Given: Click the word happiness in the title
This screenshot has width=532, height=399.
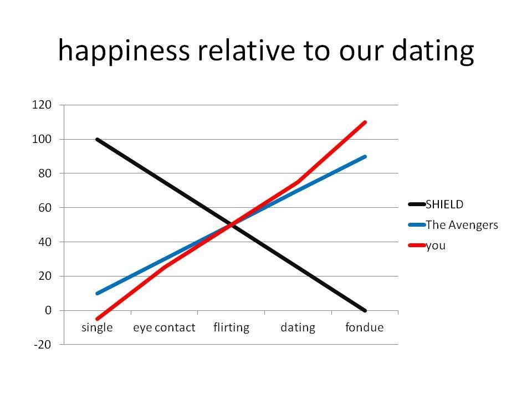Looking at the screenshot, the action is (x=124, y=50).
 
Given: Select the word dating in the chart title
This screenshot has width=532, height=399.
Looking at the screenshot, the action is (x=433, y=50).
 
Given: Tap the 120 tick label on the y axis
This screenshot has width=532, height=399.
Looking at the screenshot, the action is (x=42, y=105).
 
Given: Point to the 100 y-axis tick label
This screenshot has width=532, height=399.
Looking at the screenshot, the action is (x=42, y=139).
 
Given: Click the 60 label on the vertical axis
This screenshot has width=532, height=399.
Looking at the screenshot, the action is (x=45, y=207).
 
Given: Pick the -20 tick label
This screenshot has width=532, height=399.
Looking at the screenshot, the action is (x=43, y=345).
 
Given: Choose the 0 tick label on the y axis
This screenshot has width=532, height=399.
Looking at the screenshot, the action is (x=48, y=310).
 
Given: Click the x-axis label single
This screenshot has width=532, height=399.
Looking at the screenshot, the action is (x=97, y=328).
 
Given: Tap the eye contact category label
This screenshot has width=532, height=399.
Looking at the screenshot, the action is (x=164, y=328).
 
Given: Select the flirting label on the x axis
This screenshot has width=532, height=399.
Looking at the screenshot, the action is (x=232, y=328).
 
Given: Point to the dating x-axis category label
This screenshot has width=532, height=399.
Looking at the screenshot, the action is (x=298, y=328).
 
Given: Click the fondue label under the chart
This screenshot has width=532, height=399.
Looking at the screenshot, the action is (x=365, y=328).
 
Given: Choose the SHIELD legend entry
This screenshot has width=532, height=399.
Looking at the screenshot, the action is (x=436, y=204).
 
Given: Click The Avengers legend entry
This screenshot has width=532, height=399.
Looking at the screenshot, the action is (x=453, y=225).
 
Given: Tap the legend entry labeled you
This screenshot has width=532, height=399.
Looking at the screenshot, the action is (x=427, y=245).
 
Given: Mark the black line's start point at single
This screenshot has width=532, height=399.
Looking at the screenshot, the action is (x=98, y=140).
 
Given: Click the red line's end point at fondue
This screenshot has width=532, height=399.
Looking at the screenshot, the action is (x=365, y=122).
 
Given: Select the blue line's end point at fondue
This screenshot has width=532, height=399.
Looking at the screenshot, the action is (x=365, y=157).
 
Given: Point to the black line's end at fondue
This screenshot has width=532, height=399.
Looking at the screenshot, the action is (x=365, y=310).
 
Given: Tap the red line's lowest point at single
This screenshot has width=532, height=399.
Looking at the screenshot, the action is (x=98, y=319).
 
